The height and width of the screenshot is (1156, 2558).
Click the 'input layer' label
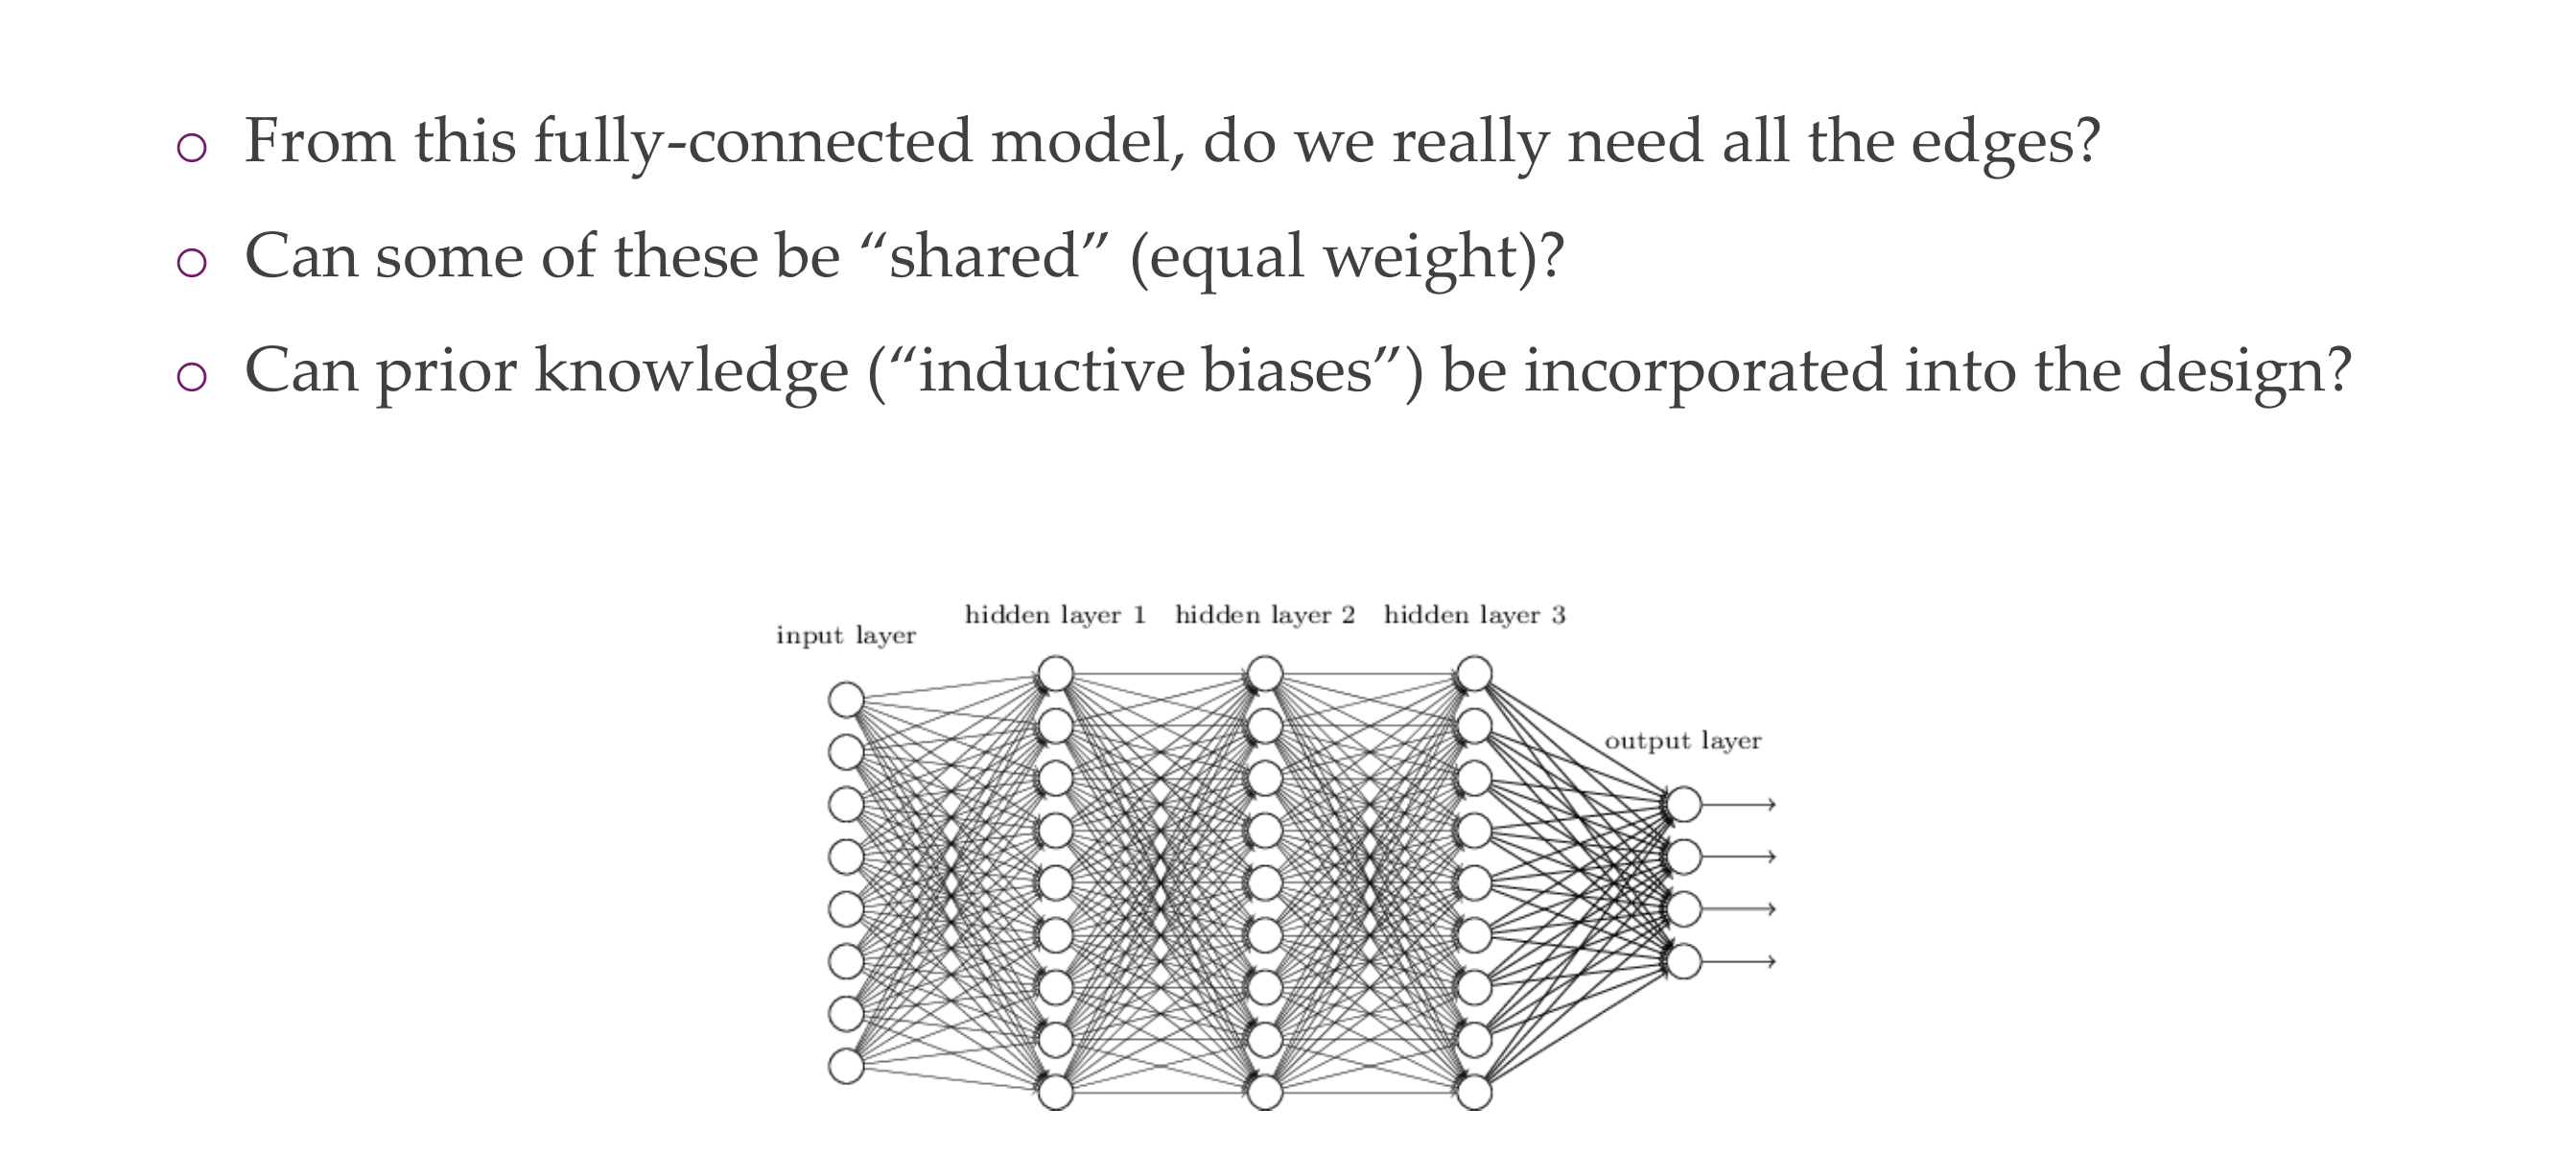pos(845,636)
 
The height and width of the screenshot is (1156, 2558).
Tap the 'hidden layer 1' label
pos(1055,616)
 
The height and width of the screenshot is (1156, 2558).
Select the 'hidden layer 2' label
pos(1264,616)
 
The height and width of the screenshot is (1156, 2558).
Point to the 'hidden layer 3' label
pos(1473,616)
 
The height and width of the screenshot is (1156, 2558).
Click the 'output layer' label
pos(1682,741)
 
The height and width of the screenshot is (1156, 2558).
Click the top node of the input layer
pos(846,699)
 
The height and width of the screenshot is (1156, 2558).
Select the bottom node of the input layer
pos(846,1066)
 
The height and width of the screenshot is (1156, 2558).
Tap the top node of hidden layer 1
pos(1056,673)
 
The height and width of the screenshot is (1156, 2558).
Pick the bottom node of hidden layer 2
pos(1265,1093)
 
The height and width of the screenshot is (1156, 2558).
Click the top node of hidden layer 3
pos(1474,673)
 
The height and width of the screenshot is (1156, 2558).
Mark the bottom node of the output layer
pos(1684,961)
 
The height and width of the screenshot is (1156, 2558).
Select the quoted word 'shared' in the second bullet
pos(983,256)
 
